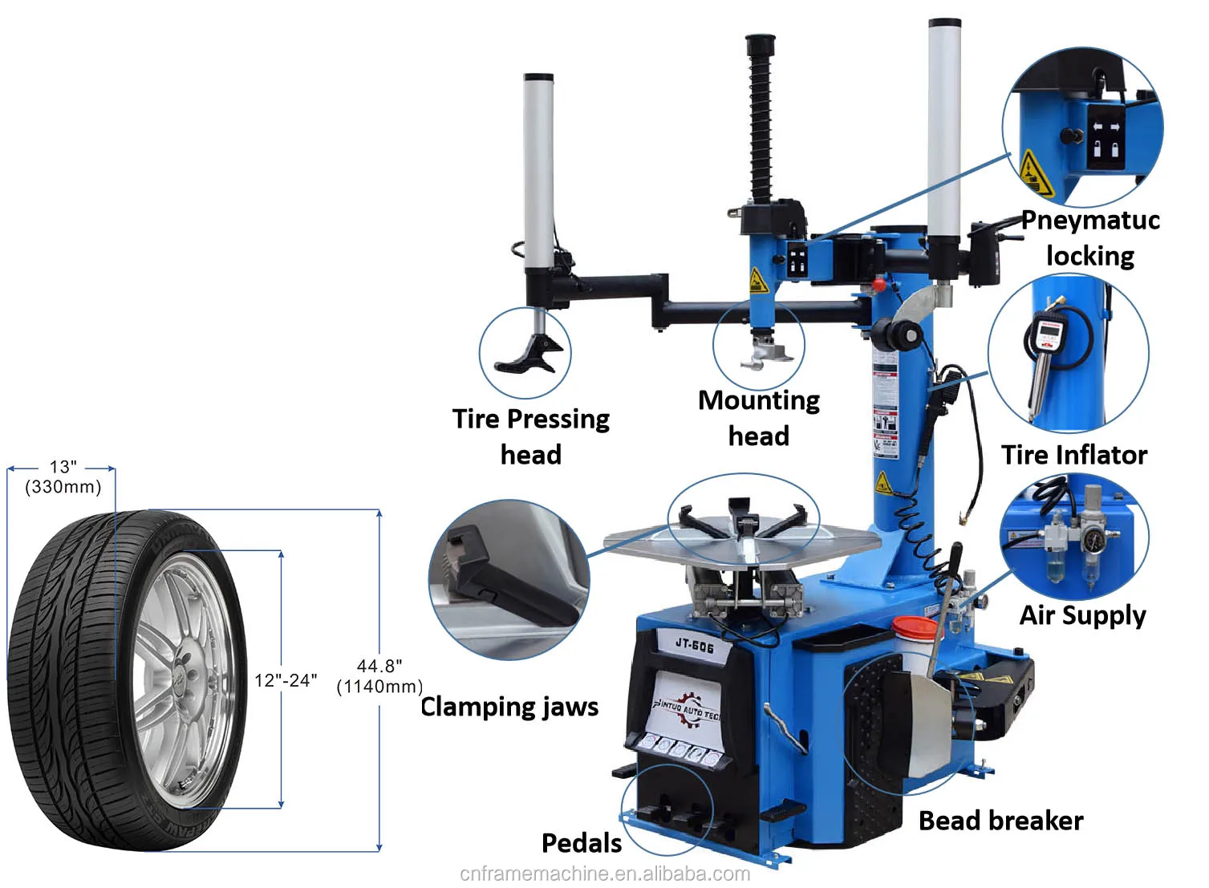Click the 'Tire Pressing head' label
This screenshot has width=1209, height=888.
[x=530, y=436]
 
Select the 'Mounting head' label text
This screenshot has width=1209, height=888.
[x=758, y=418]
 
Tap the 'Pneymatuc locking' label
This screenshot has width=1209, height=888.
[x=1089, y=237]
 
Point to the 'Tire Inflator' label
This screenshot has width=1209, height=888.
[x=1073, y=455]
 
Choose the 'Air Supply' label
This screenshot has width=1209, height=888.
[x=1081, y=615]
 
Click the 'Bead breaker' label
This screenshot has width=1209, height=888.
[x=1000, y=821]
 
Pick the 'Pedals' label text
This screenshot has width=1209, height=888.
[x=581, y=843]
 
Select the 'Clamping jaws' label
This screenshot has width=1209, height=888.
[x=509, y=707]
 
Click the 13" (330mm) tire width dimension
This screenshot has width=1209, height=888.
[x=63, y=477]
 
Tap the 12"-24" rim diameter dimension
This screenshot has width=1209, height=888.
[x=286, y=680]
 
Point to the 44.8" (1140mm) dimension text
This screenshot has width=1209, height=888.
[x=379, y=676]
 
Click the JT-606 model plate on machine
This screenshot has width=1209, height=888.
[x=693, y=643]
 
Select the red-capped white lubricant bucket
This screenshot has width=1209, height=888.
[x=915, y=637]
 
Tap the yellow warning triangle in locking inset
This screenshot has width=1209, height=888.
[x=1035, y=172]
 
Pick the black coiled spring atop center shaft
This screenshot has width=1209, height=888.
[x=760, y=120]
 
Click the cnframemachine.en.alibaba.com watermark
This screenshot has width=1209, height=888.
[x=605, y=874]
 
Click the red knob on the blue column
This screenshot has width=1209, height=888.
[x=880, y=285]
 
